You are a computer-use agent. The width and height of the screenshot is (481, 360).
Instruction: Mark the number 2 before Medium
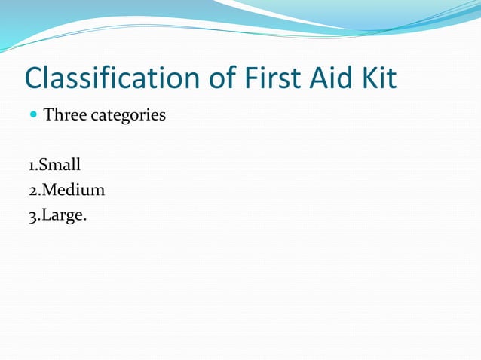[29, 190]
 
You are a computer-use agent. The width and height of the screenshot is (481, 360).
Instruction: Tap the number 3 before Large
[29, 215]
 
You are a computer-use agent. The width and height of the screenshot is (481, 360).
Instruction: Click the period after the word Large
[84, 219]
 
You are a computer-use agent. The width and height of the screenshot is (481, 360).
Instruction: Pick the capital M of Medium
[46, 190]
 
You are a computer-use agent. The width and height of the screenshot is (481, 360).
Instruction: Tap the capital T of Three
[49, 116]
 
